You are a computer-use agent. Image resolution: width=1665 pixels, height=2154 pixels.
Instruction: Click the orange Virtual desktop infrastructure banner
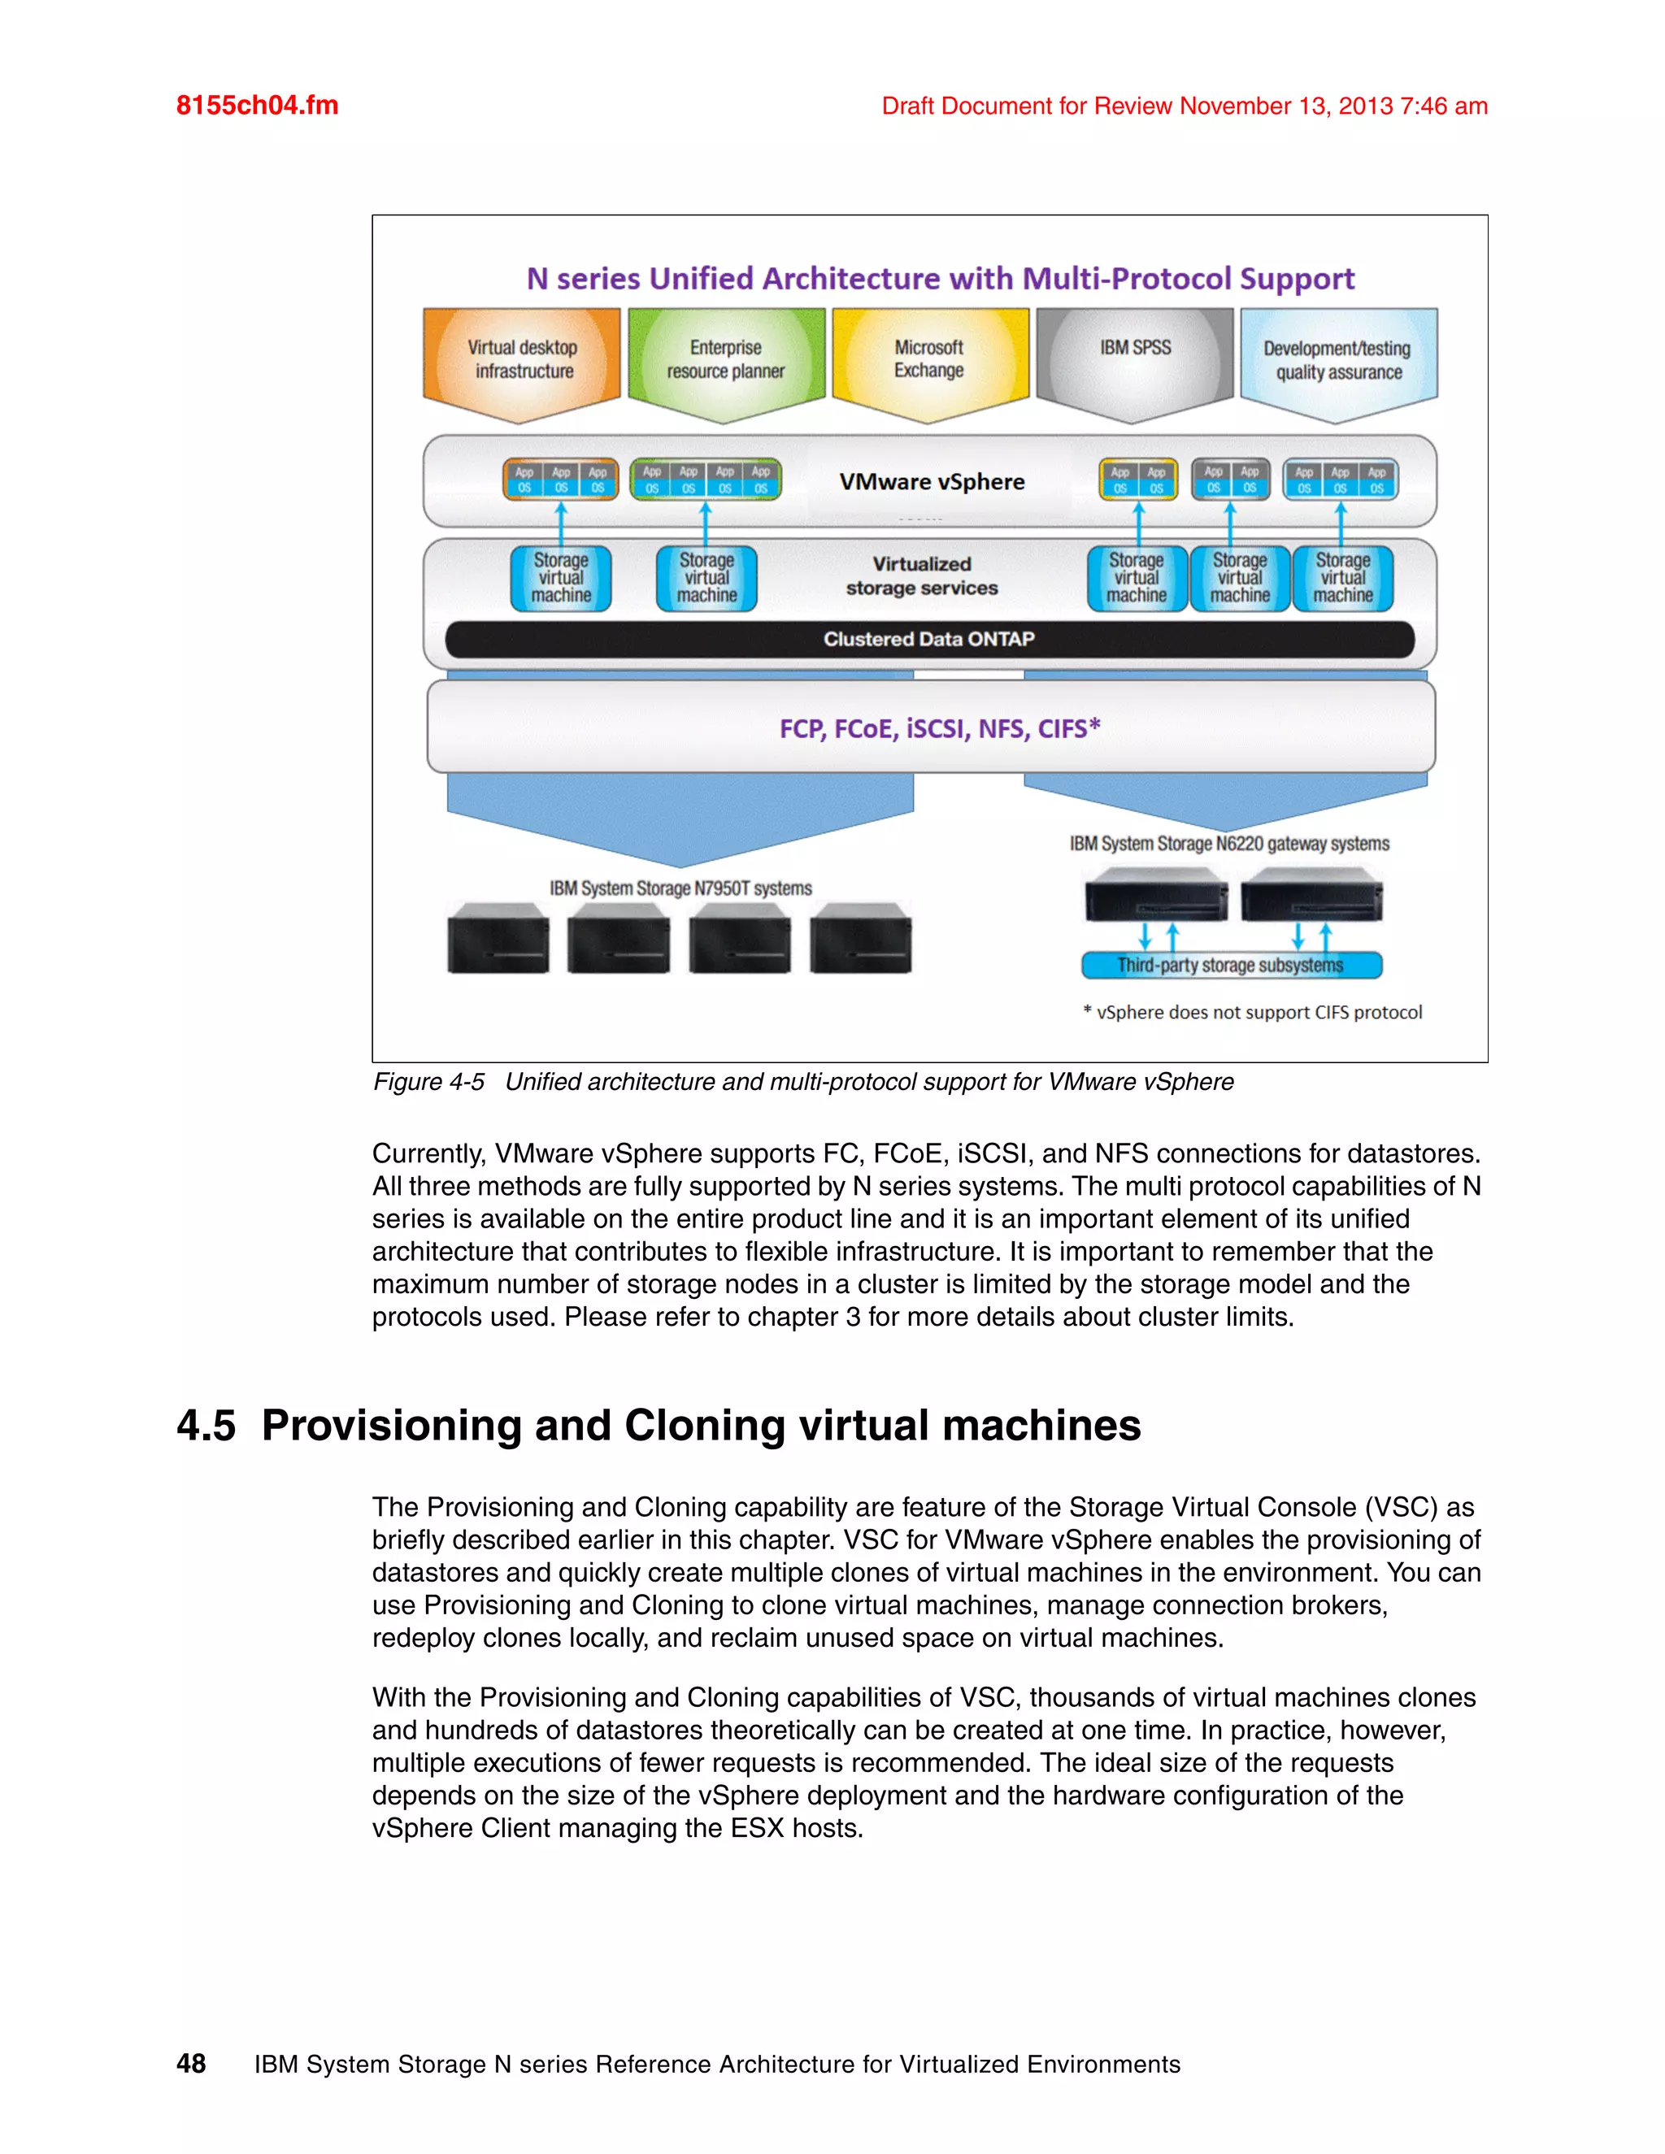click(x=522, y=361)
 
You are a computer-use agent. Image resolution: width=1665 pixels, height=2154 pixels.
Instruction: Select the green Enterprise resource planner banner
click(x=726, y=361)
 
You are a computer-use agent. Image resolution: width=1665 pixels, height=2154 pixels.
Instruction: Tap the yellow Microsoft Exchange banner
click(x=929, y=360)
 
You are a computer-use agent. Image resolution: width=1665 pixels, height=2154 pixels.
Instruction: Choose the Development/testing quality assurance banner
click(x=1337, y=361)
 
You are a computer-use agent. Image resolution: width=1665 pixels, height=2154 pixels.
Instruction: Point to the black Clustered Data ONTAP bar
click(x=929, y=639)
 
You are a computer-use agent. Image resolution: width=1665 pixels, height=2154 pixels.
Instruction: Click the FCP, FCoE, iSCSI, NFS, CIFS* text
click(x=939, y=729)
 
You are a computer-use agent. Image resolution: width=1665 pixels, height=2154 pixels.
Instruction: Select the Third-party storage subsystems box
click(x=1231, y=966)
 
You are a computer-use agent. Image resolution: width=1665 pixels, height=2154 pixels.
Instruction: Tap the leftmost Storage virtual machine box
click(x=561, y=579)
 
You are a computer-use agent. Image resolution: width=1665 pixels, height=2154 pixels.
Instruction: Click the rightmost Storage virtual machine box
click(x=1342, y=579)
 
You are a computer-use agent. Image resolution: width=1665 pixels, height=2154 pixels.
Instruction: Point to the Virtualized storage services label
click(x=922, y=576)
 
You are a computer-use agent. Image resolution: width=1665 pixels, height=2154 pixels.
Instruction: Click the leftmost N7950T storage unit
click(x=498, y=939)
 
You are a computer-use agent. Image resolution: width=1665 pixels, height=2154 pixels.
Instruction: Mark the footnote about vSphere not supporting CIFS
click(x=1253, y=1013)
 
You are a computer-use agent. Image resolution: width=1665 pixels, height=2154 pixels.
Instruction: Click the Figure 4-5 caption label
click(x=429, y=1082)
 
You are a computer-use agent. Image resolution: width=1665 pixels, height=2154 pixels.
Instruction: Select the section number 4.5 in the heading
click(x=206, y=1427)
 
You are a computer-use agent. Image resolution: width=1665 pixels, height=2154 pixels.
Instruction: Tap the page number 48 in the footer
click(x=191, y=2065)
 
